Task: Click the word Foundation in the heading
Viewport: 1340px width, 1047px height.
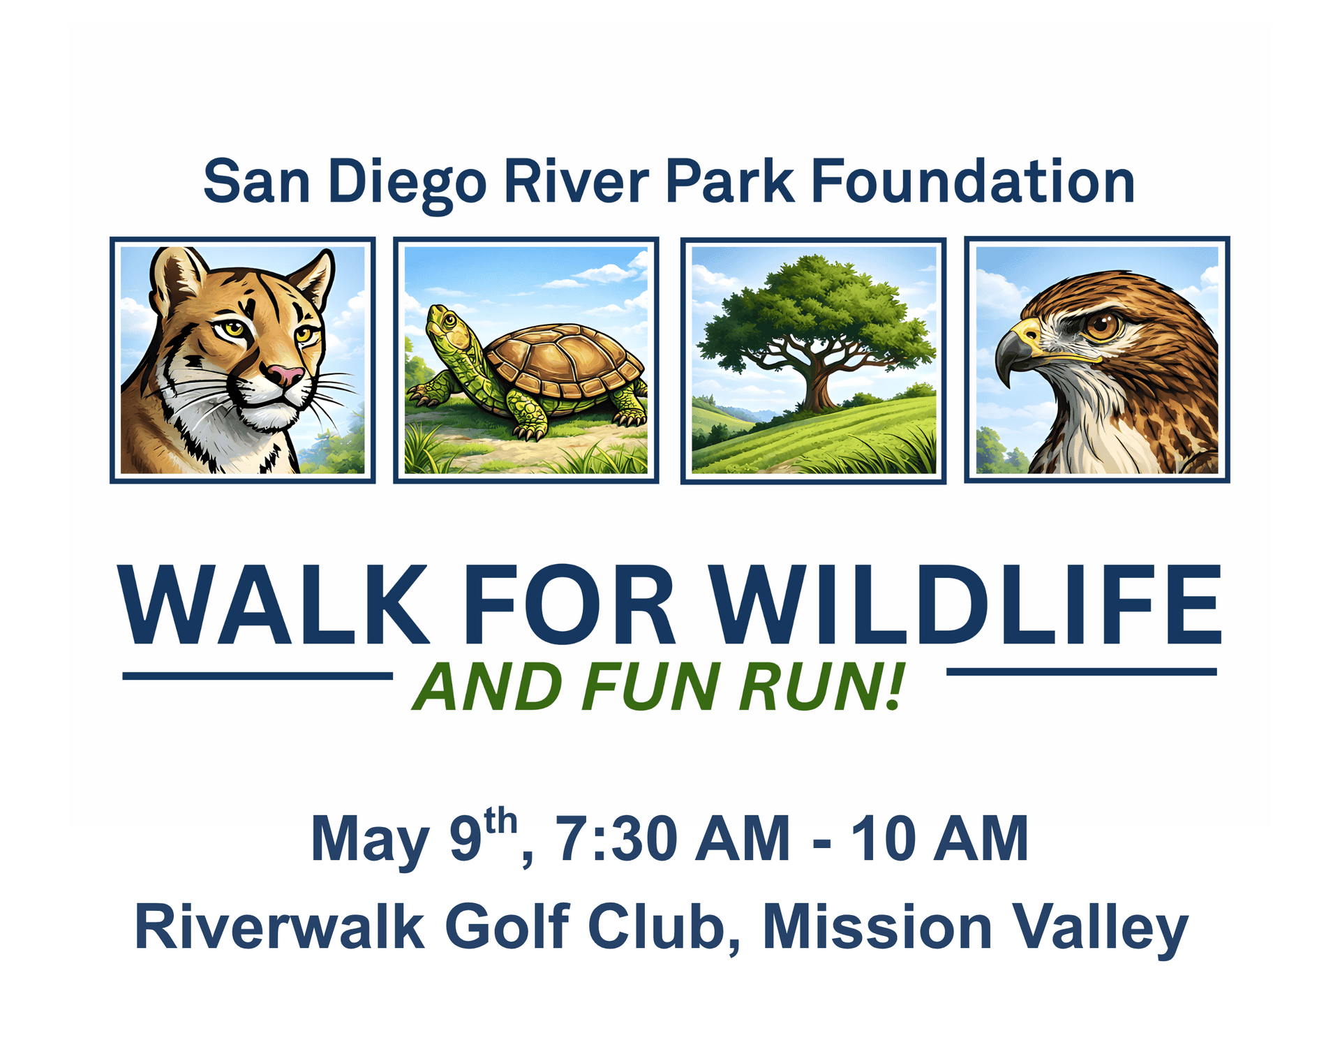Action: point(972,181)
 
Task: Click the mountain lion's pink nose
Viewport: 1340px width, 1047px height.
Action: point(285,376)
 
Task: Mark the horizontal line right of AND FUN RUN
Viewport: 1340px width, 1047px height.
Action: point(1081,671)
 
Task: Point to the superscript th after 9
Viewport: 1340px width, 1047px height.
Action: point(500,822)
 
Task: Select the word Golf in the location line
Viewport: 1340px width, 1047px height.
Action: point(507,927)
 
